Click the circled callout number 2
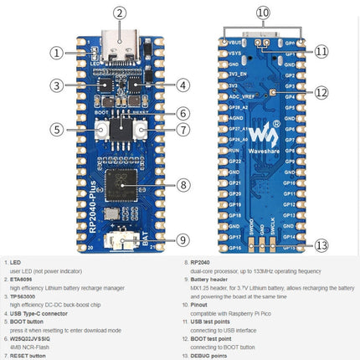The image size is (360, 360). tap(120, 13)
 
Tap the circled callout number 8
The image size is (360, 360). tap(183, 184)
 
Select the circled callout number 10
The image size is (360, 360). tap(263, 13)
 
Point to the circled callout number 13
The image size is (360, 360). tap(321, 245)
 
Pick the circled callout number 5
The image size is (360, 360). tap(57, 129)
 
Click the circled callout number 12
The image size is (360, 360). tap(321, 92)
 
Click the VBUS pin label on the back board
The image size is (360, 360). tap(234, 41)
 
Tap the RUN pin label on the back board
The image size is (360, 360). tap(234, 150)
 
